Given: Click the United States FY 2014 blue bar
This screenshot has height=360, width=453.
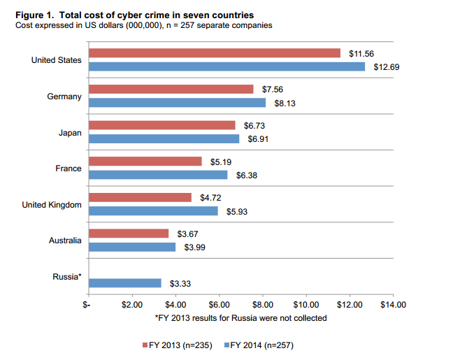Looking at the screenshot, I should (226, 66).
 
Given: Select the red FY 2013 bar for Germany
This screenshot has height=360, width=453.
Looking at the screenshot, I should (171, 89).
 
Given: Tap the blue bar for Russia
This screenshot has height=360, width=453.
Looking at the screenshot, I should (124, 283).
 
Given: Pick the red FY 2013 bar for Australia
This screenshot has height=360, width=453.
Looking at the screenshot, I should (129, 233).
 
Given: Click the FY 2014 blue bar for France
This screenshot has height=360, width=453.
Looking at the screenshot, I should (157, 175).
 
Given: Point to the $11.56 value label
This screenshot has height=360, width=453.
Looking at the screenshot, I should (361, 53).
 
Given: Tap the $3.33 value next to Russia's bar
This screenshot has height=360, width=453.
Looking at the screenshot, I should (180, 283).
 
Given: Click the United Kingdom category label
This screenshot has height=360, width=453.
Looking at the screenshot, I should (52, 205).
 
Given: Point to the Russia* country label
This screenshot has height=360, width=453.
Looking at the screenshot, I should (67, 277).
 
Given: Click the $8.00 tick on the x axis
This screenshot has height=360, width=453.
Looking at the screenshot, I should (263, 305).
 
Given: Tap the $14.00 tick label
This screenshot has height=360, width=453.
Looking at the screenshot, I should (393, 305).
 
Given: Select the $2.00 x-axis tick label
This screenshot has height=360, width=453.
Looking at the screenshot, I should (132, 305).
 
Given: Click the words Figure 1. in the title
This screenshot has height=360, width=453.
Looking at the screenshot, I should (35, 15).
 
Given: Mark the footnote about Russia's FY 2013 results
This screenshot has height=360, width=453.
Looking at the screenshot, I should (240, 318).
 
